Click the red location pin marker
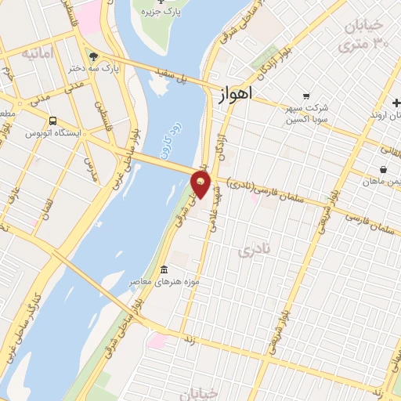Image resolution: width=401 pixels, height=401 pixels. [201, 184]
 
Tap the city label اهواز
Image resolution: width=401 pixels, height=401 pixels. [234, 95]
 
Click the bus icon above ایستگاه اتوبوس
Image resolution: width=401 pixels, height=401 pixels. [52, 121]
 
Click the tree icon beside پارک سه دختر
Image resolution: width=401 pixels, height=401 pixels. [93, 56]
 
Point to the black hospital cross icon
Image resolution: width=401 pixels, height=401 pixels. [396, 104]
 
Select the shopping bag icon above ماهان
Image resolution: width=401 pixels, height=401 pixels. [382, 169]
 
